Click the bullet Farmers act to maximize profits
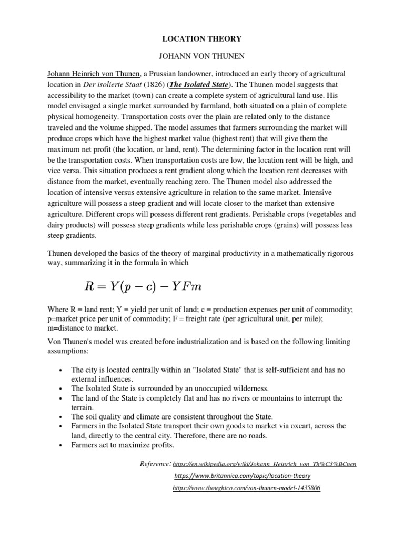pyautogui.click(x=123, y=445)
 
